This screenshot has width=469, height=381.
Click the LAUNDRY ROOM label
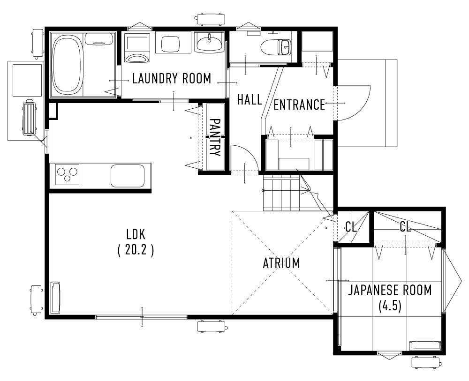coord(172,79)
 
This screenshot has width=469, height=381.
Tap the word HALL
coord(250,100)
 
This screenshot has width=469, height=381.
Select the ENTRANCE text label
coord(299,105)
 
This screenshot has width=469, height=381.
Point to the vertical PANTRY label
coord(214,137)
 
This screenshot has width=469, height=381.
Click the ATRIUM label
coord(281,263)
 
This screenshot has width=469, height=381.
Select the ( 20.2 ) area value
coord(136,250)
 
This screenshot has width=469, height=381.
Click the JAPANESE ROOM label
coord(389,291)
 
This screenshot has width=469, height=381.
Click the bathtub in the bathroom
coord(67,65)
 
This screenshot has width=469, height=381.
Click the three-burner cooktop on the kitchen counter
coord(68,175)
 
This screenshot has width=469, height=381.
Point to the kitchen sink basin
coord(127,176)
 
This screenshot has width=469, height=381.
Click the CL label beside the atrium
coord(351,228)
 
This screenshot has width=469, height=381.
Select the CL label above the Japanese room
coord(406,227)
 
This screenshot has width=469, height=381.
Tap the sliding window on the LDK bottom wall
coord(142,317)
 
